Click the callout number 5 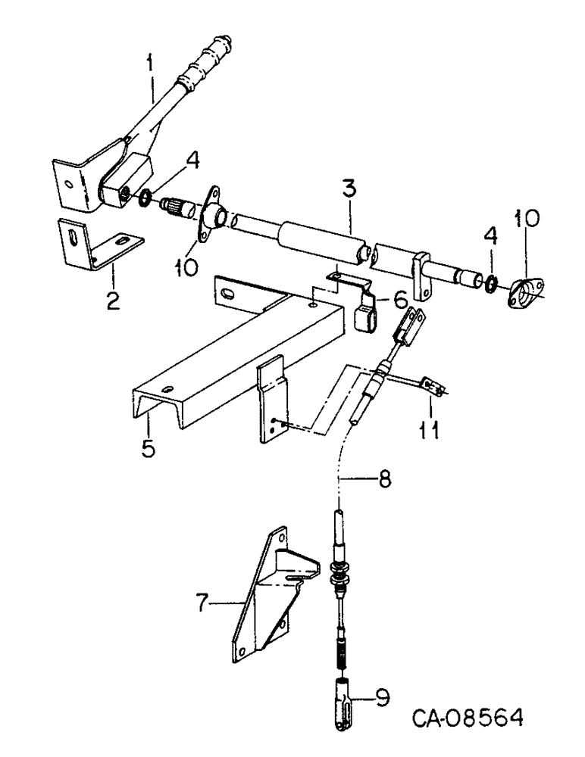pos(148,447)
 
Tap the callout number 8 pos(383,480)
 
